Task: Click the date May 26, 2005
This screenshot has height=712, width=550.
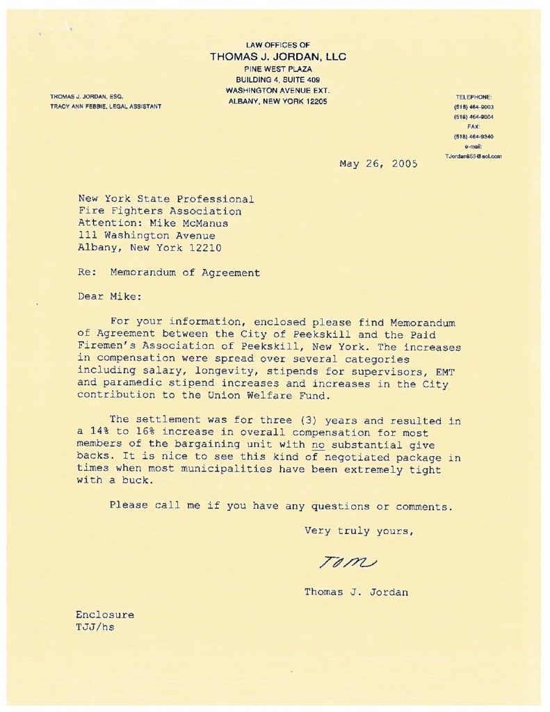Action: (378, 164)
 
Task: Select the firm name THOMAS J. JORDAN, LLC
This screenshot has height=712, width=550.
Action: (277, 57)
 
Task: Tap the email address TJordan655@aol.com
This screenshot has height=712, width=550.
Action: (474, 156)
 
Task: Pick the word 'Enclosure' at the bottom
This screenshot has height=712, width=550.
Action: (105, 615)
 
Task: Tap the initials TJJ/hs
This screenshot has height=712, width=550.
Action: (95, 626)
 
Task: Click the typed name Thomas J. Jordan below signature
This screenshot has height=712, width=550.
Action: (356, 592)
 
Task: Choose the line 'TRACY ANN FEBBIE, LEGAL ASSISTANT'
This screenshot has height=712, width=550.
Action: (106, 106)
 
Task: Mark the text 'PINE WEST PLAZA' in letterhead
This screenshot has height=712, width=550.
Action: (277, 69)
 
